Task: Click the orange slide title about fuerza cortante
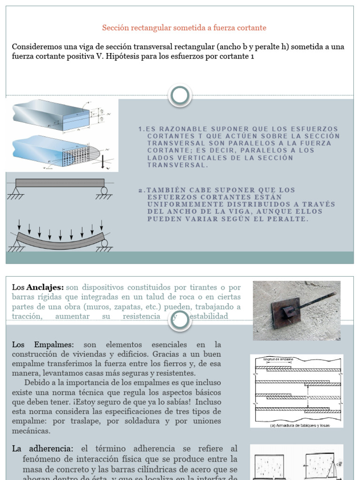coord(184,28)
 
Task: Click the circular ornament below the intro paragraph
coord(180,96)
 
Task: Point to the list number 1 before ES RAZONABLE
coord(141,129)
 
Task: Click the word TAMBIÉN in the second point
coord(163,190)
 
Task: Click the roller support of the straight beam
coord(104,191)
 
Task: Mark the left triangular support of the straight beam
coord(16,191)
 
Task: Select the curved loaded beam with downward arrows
coord(60,237)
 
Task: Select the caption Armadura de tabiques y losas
coord(300,425)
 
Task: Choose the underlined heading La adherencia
coord(43,449)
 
